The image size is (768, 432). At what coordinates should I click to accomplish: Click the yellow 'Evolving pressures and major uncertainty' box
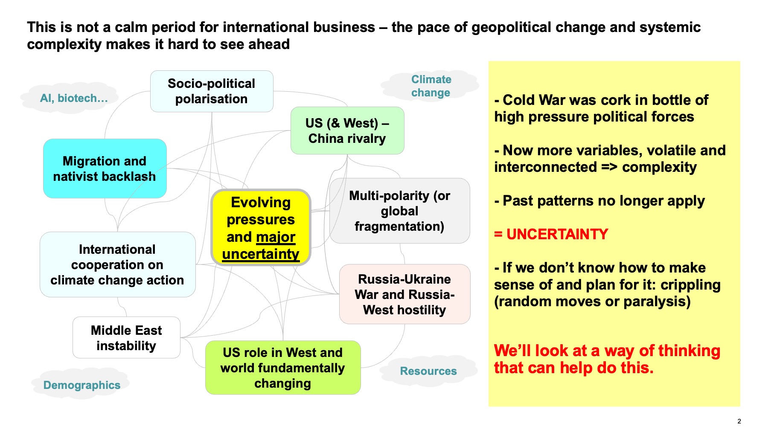click(x=261, y=228)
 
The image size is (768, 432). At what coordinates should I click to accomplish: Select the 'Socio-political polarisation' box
click(x=212, y=91)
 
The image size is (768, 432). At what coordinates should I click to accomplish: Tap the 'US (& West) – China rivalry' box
click(x=347, y=130)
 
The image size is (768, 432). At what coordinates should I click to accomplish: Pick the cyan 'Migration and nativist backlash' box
click(x=105, y=168)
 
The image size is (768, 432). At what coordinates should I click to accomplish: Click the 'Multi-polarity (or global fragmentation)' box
click(x=400, y=211)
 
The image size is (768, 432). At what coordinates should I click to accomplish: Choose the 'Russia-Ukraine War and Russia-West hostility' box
click(x=404, y=294)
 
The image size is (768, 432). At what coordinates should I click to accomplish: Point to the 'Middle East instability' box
click(x=126, y=338)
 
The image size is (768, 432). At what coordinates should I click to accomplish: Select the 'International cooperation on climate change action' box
click(x=117, y=264)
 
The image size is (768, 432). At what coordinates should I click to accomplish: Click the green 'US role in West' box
click(x=283, y=368)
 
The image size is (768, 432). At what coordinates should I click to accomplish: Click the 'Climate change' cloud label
click(x=431, y=86)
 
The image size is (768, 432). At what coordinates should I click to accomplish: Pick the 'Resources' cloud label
click(x=428, y=371)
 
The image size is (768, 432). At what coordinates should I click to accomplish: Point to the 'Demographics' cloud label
click(x=81, y=385)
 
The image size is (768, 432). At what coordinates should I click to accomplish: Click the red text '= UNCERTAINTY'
click(x=551, y=234)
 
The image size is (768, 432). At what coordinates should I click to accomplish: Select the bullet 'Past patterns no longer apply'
click(x=599, y=201)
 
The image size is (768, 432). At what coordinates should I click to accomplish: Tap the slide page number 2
click(x=739, y=421)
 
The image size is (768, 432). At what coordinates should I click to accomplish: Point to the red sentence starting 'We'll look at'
click(x=607, y=359)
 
